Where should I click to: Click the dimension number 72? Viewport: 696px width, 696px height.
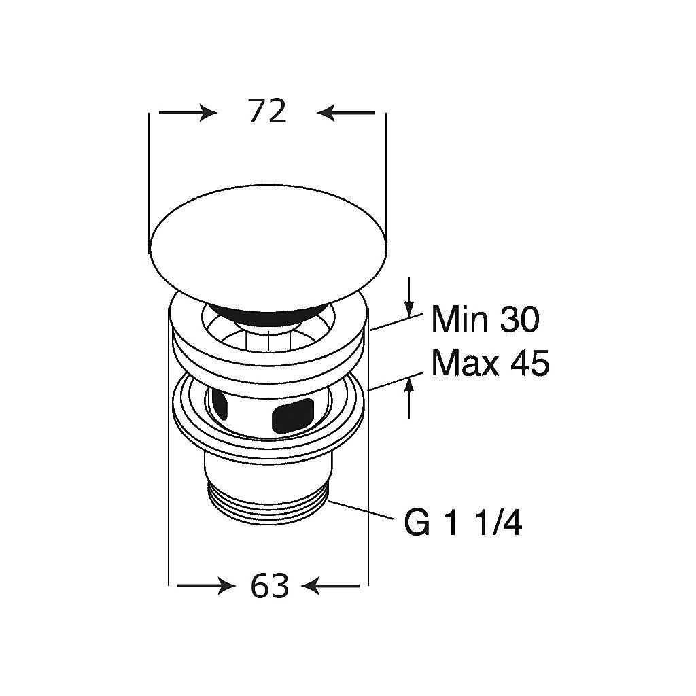tap(267, 111)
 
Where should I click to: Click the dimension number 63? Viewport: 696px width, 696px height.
tap(269, 585)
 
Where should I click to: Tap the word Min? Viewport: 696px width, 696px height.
tap(460, 319)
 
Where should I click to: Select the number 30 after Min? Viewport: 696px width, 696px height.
tap(519, 319)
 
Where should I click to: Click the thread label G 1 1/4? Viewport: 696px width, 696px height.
tap(463, 524)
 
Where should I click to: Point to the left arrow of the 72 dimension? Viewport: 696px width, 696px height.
tap(188, 113)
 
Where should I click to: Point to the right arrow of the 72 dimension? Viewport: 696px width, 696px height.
tap(346, 113)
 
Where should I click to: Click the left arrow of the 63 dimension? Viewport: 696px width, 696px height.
tap(207, 587)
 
